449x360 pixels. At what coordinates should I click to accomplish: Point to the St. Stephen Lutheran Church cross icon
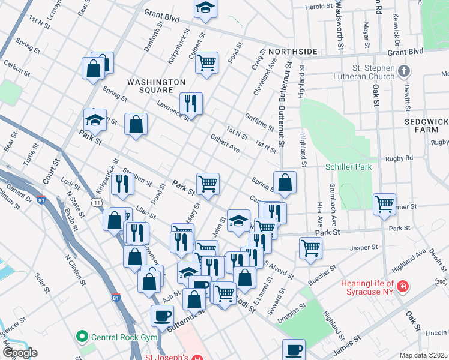click(x=404, y=71)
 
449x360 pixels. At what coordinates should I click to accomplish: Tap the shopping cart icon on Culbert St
click(x=207, y=61)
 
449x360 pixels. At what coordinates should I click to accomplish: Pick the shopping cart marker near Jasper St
click(x=310, y=247)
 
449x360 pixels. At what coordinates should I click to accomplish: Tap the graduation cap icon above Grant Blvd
click(x=205, y=7)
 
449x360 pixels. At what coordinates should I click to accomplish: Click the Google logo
click(x=19, y=353)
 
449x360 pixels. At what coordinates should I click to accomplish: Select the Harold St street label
click(x=319, y=7)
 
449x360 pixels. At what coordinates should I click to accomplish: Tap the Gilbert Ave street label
click(x=225, y=143)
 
